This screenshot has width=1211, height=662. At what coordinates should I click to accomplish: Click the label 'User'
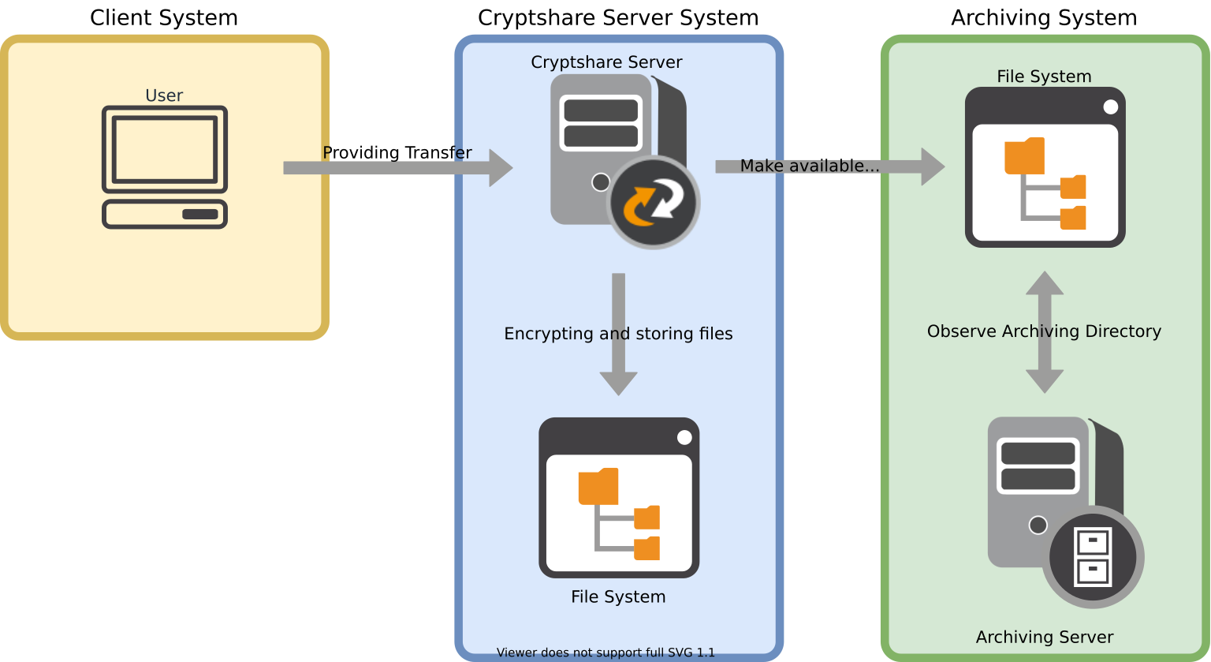pyautogui.click(x=164, y=95)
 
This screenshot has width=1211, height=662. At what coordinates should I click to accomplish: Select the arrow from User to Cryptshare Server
pyautogui.click(x=394, y=167)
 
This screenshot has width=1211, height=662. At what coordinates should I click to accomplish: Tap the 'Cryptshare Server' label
pyautogui.click(x=606, y=62)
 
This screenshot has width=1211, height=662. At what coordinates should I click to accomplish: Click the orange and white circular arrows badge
pyautogui.click(x=653, y=203)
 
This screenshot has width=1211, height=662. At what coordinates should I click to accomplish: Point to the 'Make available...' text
pyautogui.click(x=809, y=166)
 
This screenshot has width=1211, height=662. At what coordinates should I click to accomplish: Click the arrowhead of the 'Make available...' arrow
pyautogui.click(x=933, y=166)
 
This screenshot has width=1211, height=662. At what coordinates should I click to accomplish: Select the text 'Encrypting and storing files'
pyautogui.click(x=618, y=334)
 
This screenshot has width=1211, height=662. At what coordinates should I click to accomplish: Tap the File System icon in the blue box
pyautogui.click(x=619, y=498)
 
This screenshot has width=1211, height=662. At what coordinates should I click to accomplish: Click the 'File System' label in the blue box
pyautogui.click(x=618, y=597)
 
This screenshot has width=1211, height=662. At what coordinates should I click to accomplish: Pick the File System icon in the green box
pyautogui.click(x=1045, y=167)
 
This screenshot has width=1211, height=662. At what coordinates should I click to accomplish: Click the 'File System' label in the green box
pyautogui.click(x=1044, y=77)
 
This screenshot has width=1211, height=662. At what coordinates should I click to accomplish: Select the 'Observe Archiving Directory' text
pyautogui.click(x=1044, y=331)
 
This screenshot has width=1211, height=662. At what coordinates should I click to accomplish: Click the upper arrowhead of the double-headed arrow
pyautogui.click(x=1045, y=282)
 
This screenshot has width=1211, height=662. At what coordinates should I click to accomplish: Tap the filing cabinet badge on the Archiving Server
pyautogui.click(x=1093, y=557)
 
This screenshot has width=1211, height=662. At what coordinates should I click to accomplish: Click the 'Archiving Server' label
pyautogui.click(x=1045, y=637)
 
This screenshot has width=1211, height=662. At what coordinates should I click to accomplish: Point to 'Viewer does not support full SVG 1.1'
pyautogui.click(x=605, y=653)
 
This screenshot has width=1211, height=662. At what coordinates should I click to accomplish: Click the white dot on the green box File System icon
pyautogui.click(x=1110, y=107)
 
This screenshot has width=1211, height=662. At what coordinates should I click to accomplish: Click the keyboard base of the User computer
pyautogui.click(x=165, y=214)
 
